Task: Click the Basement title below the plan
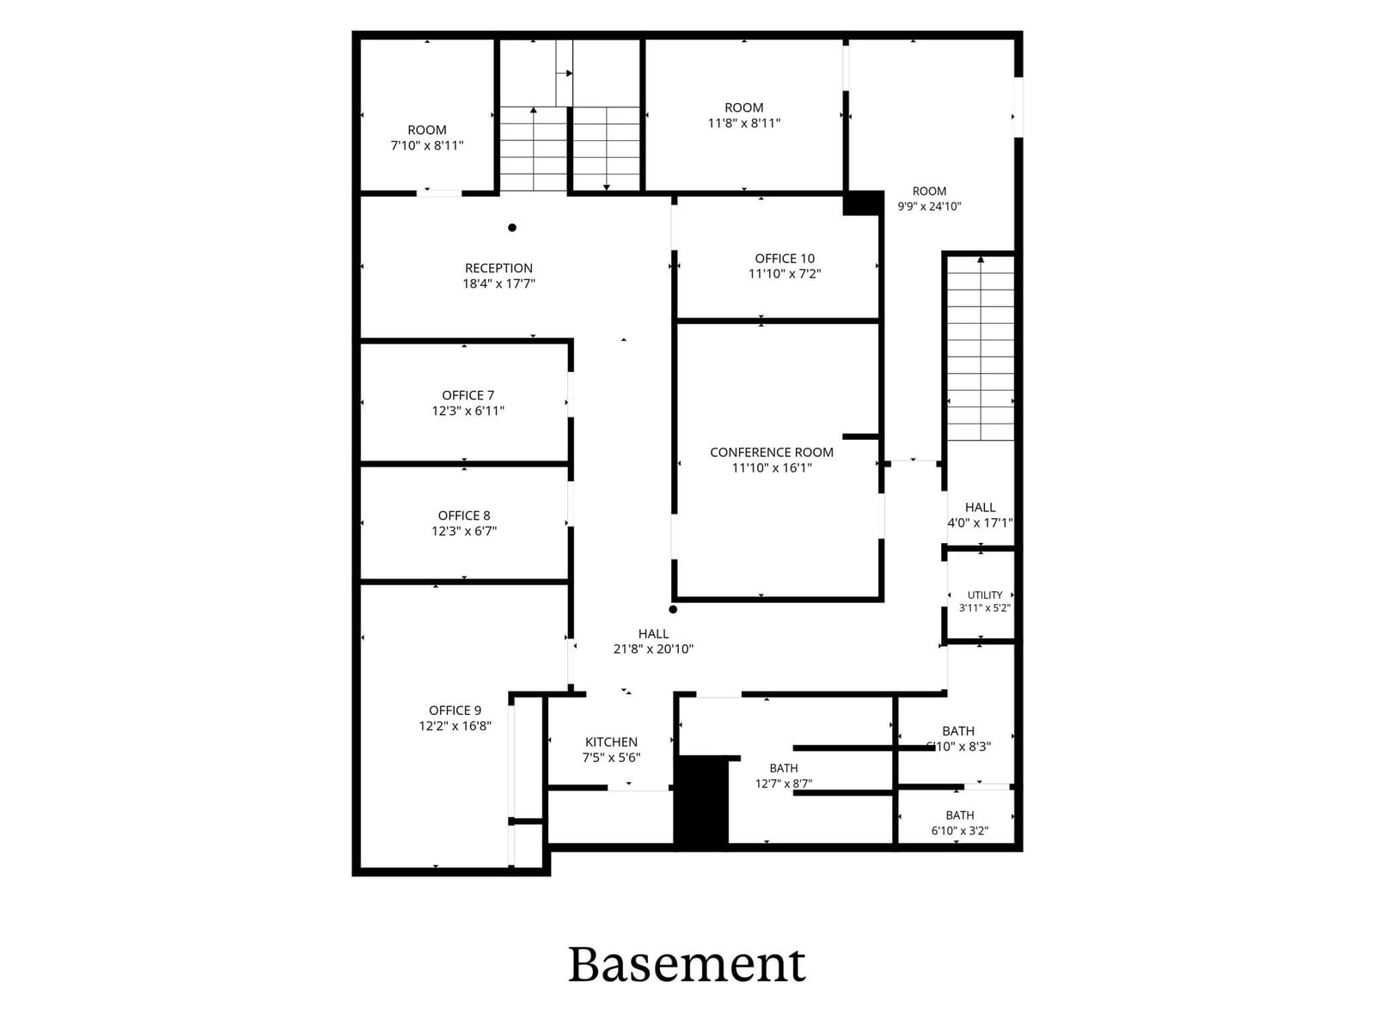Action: click(687, 965)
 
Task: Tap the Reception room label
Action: click(498, 268)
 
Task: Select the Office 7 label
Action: click(468, 395)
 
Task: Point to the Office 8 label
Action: click(463, 515)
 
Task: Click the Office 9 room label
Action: click(455, 710)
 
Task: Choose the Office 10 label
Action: click(785, 258)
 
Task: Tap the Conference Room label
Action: click(772, 452)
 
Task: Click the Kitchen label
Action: click(611, 741)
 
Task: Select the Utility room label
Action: click(985, 595)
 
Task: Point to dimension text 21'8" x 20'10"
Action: click(653, 650)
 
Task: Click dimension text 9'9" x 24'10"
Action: click(929, 206)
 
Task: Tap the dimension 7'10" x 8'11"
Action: click(427, 145)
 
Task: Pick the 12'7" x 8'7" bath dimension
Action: click(784, 783)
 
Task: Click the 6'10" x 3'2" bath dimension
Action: click(960, 831)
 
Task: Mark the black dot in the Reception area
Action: click(512, 227)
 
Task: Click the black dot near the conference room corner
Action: click(673, 609)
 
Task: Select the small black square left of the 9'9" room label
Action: click(863, 204)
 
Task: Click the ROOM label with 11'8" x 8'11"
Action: click(744, 107)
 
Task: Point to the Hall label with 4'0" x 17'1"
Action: click(980, 507)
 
